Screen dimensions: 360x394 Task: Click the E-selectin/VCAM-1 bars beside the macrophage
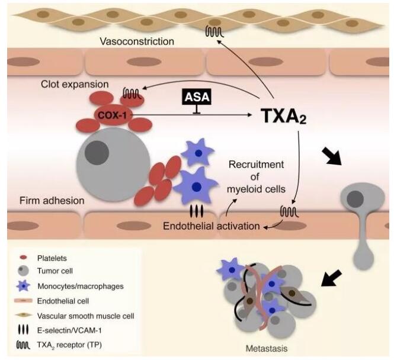point(196,211)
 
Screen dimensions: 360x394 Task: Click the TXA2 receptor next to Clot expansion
point(132,93)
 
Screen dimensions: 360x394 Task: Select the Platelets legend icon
point(24,258)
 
